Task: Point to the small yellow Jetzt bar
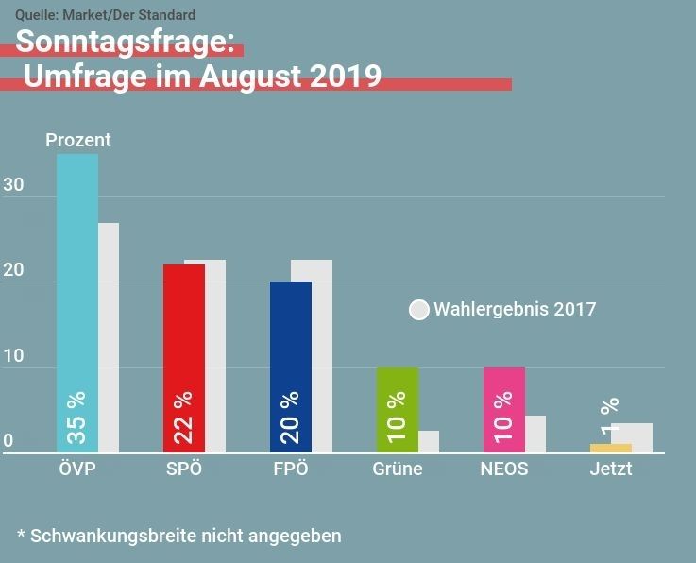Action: click(610, 448)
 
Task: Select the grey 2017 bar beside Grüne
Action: click(429, 442)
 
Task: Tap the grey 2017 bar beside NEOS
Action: click(535, 435)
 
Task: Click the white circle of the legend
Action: click(419, 310)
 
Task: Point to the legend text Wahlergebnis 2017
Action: click(515, 309)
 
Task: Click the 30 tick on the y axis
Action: click(13, 185)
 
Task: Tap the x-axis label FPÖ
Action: click(291, 469)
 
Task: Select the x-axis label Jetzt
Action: click(610, 469)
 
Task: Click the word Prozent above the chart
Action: click(78, 140)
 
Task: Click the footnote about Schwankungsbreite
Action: click(179, 536)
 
